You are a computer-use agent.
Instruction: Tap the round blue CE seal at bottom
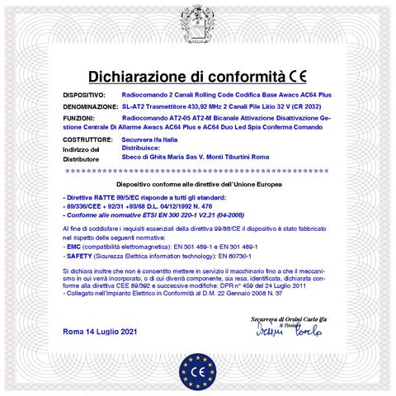199,370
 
